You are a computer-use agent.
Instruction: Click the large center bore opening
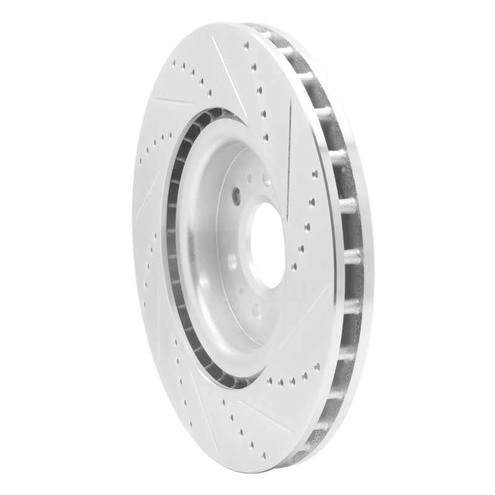point(267,244)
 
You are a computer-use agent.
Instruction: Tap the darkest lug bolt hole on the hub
point(236,196)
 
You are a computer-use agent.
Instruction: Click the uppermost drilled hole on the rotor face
point(246,45)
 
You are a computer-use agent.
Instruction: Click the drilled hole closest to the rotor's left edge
point(140,163)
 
